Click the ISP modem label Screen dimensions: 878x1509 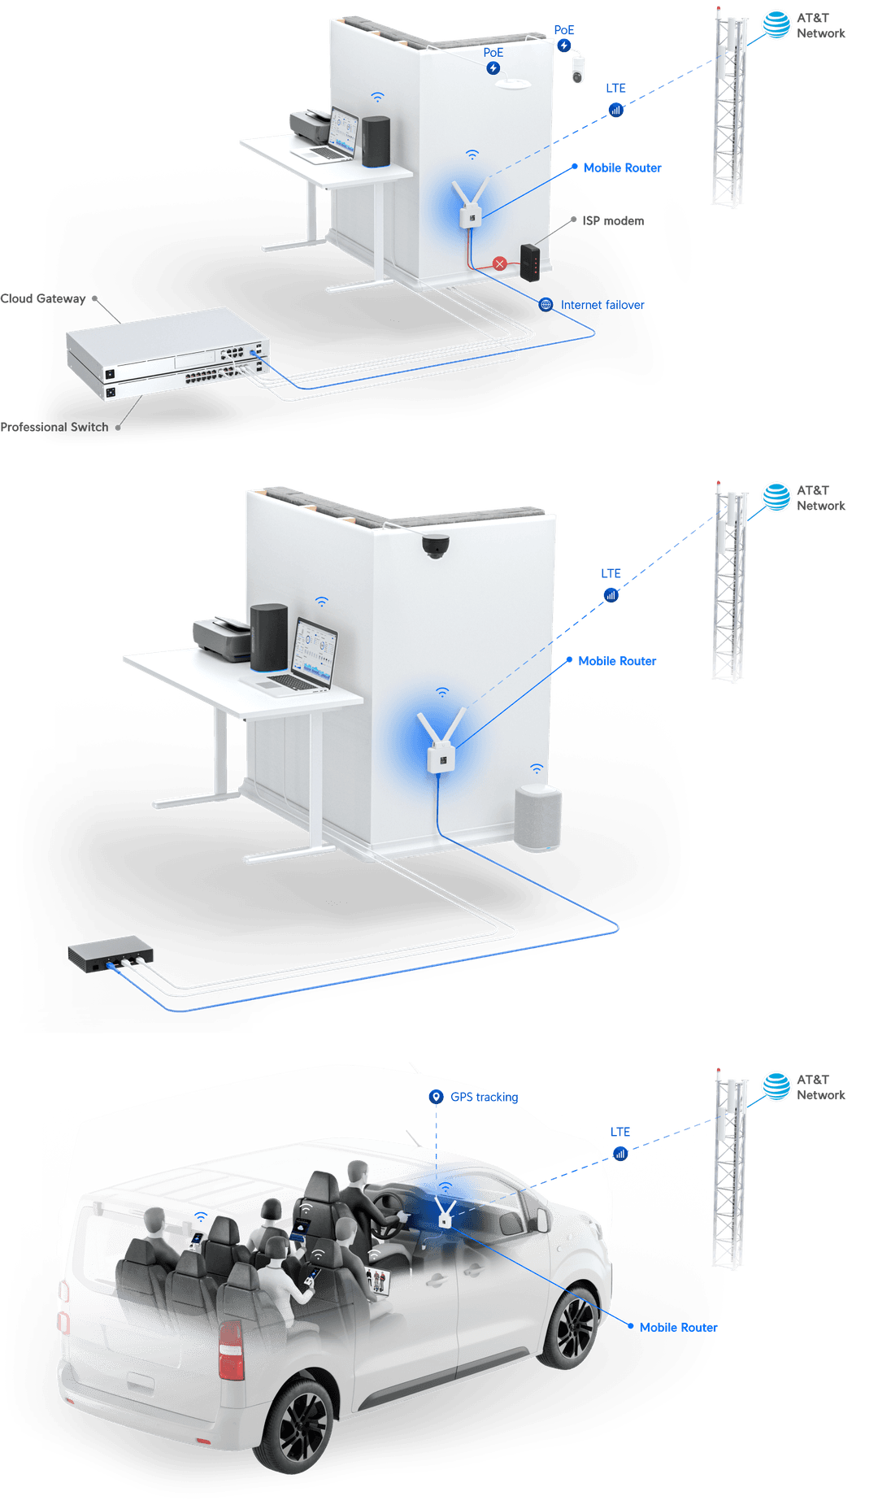tap(613, 221)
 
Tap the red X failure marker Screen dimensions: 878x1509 tap(500, 263)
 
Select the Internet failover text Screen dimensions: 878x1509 tap(602, 305)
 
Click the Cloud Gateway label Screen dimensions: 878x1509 tap(43, 298)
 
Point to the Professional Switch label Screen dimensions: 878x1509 tap(54, 427)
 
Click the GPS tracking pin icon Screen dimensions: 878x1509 tap(437, 1097)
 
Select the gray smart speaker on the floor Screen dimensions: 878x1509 tap(537, 818)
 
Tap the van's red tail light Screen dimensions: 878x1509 tap(231, 1350)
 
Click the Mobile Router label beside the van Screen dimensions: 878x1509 tap(678, 1328)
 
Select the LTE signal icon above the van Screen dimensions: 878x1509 tap(620, 1154)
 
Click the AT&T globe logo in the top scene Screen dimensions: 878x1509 tap(776, 25)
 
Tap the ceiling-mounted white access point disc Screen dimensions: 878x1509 tap(514, 83)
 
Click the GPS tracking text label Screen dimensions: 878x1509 tap(485, 1098)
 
